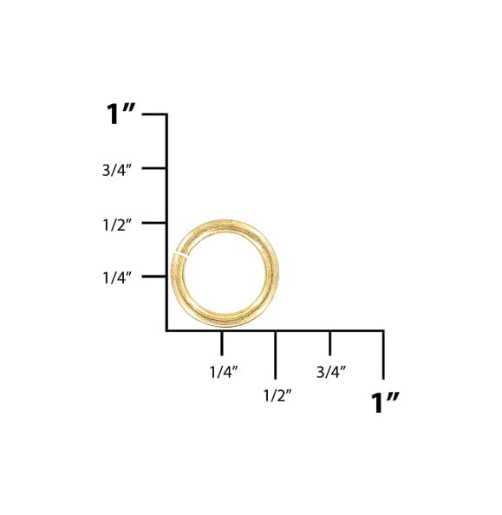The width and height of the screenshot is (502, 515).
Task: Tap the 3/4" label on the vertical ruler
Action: coord(116,170)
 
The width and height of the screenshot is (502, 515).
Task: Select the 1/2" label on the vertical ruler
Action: coord(116,224)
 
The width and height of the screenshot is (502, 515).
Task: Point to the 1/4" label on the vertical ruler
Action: coord(116,277)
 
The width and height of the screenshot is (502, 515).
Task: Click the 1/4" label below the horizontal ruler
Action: coord(224,371)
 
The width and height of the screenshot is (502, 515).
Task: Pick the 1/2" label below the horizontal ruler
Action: coord(277,395)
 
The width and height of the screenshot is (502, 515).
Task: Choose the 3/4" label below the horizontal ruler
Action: coord(331,371)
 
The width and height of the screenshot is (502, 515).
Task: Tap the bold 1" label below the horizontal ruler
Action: coord(385,402)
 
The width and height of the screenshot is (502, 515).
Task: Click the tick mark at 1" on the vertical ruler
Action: coord(154,114)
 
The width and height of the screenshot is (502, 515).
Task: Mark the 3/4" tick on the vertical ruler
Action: coord(154,167)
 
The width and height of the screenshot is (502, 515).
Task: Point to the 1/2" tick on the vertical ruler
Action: coord(154,222)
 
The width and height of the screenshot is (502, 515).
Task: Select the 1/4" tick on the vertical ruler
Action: coord(154,276)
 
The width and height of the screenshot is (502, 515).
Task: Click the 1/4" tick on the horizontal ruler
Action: coord(221,343)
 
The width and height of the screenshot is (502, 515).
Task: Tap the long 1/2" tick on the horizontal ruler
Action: coord(276,355)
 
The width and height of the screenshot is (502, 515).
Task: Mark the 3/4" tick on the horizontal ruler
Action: coord(329,343)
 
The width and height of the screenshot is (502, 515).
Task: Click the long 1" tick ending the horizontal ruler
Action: coord(382,355)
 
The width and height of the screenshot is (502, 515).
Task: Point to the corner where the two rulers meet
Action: coord(166,330)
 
